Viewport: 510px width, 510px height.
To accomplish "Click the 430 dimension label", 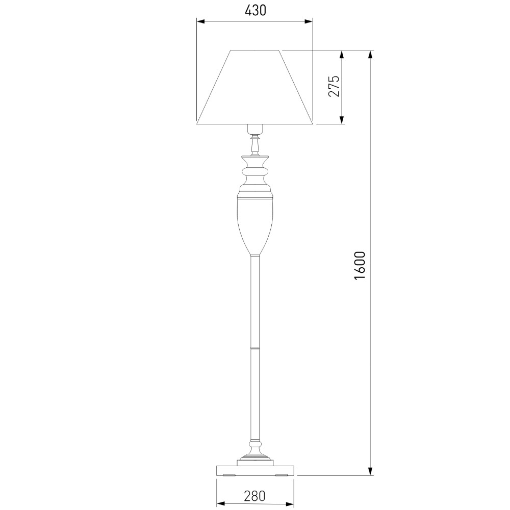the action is (256, 11).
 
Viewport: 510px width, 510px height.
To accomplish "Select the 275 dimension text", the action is (334, 86).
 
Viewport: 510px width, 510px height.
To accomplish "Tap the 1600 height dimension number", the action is (360, 265).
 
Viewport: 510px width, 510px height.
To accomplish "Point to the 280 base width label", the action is (254, 496).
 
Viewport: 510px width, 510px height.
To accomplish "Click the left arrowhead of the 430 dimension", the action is (200, 21).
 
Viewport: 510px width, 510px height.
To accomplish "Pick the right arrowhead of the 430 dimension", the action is (309, 21).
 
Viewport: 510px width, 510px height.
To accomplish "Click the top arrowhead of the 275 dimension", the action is (342, 55).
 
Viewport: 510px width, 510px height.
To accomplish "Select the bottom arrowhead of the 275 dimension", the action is (342, 120).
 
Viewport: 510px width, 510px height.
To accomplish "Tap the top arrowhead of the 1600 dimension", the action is (370, 55).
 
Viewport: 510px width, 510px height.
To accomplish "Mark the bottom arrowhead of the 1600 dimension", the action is (370, 471).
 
